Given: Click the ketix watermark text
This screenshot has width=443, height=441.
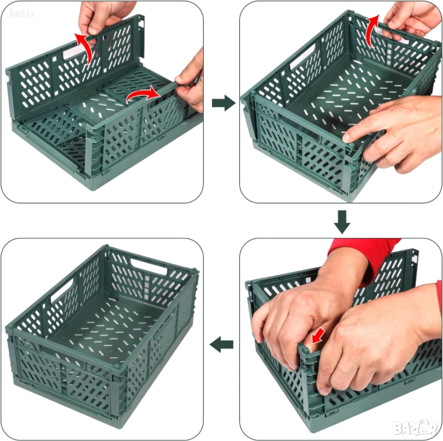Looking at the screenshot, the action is (23, 13).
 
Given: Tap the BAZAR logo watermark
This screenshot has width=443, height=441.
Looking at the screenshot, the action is (415, 428).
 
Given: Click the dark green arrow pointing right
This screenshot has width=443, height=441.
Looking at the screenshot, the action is (224, 103).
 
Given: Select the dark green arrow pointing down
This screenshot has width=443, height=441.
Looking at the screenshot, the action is (342, 222).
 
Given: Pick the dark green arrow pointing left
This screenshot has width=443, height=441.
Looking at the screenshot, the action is (222, 344).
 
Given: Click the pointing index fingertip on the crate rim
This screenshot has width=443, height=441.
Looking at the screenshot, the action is (347, 138).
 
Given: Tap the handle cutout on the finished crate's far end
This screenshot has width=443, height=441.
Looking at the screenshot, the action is (149, 266).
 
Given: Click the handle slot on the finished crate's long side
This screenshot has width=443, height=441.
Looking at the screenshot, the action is (62, 291).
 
